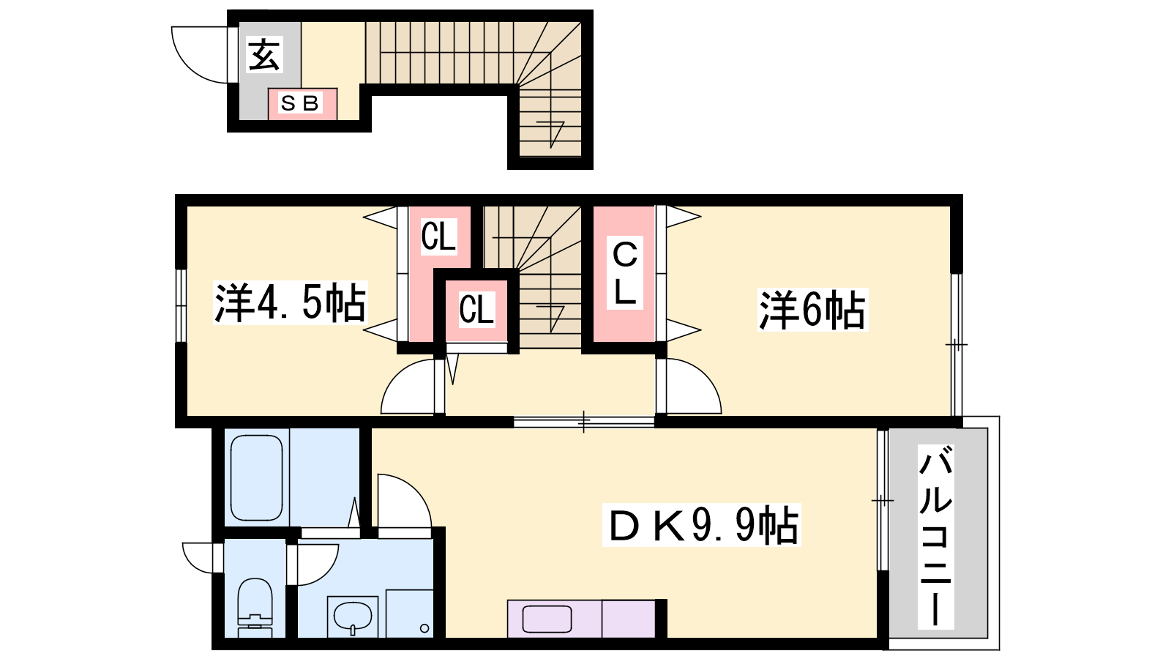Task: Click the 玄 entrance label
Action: click(x=264, y=54)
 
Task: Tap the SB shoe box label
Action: click(x=300, y=103)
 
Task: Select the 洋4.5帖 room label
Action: click(x=290, y=302)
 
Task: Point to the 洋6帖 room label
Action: click(x=812, y=310)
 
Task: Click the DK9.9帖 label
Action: click(x=702, y=524)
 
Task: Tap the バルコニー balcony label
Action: click(x=936, y=537)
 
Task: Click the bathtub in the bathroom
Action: click(x=257, y=477)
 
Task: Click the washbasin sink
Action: click(x=353, y=616)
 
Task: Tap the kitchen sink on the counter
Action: click(x=547, y=619)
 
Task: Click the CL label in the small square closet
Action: click(x=476, y=309)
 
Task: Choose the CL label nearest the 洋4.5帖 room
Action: click(x=438, y=237)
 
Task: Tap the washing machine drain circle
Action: click(x=424, y=628)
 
